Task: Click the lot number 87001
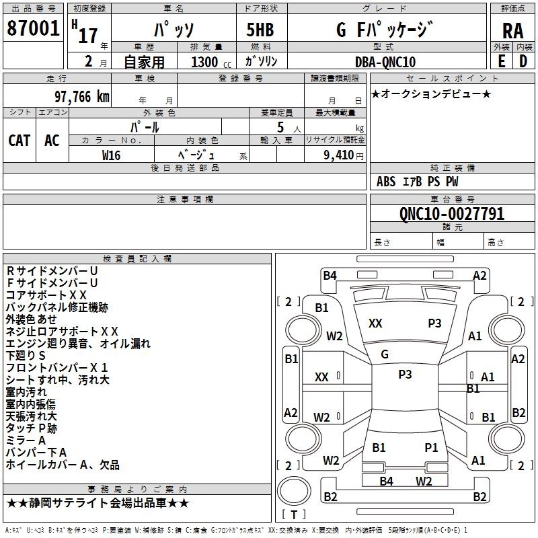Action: point(33,28)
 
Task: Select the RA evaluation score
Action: point(513,31)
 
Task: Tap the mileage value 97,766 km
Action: point(81,97)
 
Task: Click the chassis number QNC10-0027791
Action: point(452,213)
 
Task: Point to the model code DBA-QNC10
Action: point(385,62)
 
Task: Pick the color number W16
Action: point(111,155)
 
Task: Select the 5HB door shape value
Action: point(260,30)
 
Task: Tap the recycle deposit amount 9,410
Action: point(338,155)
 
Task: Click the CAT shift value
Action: point(20,141)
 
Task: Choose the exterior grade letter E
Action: point(502,61)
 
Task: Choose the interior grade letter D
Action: point(523,61)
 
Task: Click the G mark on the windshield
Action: point(385,354)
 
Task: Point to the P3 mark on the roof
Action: point(405,375)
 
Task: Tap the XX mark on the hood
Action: point(375,323)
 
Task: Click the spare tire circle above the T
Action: point(294,491)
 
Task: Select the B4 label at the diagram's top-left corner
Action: point(330,276)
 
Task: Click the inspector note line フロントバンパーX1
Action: point(57,368)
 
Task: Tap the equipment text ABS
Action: point(386,182)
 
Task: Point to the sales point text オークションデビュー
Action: point(431,94)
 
